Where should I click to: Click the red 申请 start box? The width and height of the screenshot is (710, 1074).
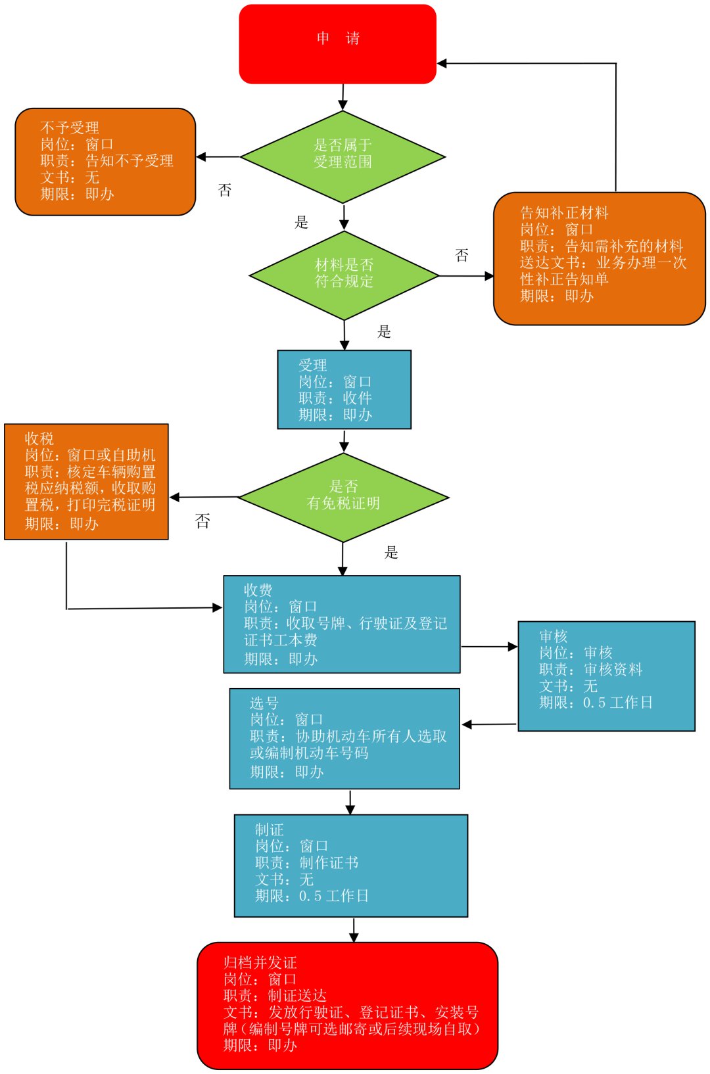coord(337,44)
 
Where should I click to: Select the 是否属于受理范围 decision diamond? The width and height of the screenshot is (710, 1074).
coord(343,157)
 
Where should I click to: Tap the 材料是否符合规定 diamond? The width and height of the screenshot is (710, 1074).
coord(344,275)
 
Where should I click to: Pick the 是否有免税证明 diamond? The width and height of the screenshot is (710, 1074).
coord(343,498)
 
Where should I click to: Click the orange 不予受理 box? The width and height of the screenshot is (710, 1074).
coord(105,162)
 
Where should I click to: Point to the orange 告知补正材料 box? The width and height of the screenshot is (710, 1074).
coord(599,258)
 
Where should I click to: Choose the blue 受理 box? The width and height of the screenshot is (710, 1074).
coord(344,390)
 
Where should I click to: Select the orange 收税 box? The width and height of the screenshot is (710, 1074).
coord(86,482)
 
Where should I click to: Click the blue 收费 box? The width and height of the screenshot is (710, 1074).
coord(341,624)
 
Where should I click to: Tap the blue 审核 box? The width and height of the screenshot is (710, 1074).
coord(606,676)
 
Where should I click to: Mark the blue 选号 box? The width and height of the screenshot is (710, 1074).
coord(344,738)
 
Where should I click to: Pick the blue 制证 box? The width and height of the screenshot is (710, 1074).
coord(350,866)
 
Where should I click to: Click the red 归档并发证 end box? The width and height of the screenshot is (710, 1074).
coord(347,1005)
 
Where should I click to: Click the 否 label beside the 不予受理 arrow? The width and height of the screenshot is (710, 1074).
coord(225,191)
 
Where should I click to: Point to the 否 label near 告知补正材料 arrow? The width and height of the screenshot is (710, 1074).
coord(462,255)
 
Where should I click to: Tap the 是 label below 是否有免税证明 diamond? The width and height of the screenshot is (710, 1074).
coord(391,553)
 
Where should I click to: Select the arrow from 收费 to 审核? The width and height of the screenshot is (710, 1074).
coord(489,647)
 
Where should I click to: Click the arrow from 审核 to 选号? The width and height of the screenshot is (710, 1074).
coord(489,724)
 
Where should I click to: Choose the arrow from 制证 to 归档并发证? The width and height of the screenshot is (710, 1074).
coord(354,929)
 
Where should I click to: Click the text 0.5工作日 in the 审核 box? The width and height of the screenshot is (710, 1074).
coord(617,703)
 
